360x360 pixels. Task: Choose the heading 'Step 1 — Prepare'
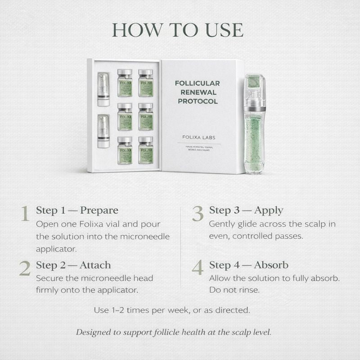pyautogui.click(x=77, y=211)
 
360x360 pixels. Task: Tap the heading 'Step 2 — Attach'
pyautogui.click(x=73, y=265)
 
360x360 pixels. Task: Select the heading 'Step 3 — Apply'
pyautogui.click(x=246, y=210)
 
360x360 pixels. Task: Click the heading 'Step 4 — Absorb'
pyautogui.click(x=249, y=265)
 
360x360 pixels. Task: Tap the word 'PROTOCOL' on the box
pyautogui.click(x=198, y=101)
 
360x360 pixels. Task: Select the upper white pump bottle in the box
pyautogui.click(x=103, y=89)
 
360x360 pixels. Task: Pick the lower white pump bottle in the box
pyautogui.click(x=103, y=131)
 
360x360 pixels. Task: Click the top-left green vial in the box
pyautogui.click(x=125, y=83)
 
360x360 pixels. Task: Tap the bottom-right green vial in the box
pyautogui.click(x=145, y=150)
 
